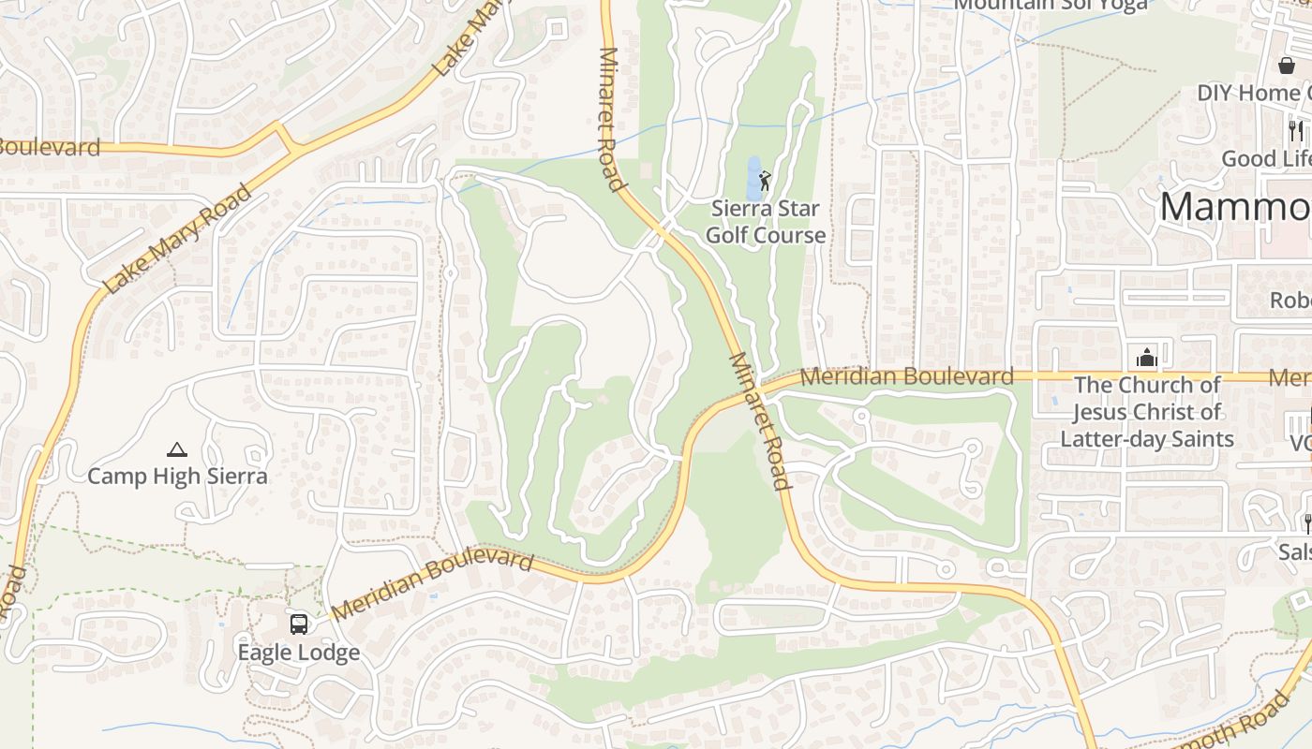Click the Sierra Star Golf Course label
pyautogui.click(x=766, y=222)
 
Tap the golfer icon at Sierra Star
pyautogui.click(x=765, y=180)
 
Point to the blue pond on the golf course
pyautogui.click(x=753, y=177)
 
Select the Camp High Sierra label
pyautogui.click(x=177, y=477)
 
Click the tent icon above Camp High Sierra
pyautogui.click(x=177, y=450)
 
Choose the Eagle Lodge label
pyautogui.click(x=298, y=653)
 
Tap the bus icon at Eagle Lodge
pyautogui.click(x=298, y=624)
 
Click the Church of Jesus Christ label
pyautogui.click(x=1146, y=412)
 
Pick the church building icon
pyautogui.click(x=1146, y=358)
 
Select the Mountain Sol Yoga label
pyautogui.click(x=1051, y=5)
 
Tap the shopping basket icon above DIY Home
pyautogui.click(x=1287, y=66)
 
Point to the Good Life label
pyautogui.click(x=1266, y=159)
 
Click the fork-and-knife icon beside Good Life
pyautogui.click(x=1296, y=131)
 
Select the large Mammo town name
pyautogui.click(x=1235, y=207)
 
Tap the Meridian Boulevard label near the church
pyautogui.click(x=907, y=376)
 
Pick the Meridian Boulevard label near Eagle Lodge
pyautogui.click(x=432, y=585)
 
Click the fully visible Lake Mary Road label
pyautogui.click(x=178, y=239)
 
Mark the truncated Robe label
pyautogui.click(x=1290, y=301)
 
